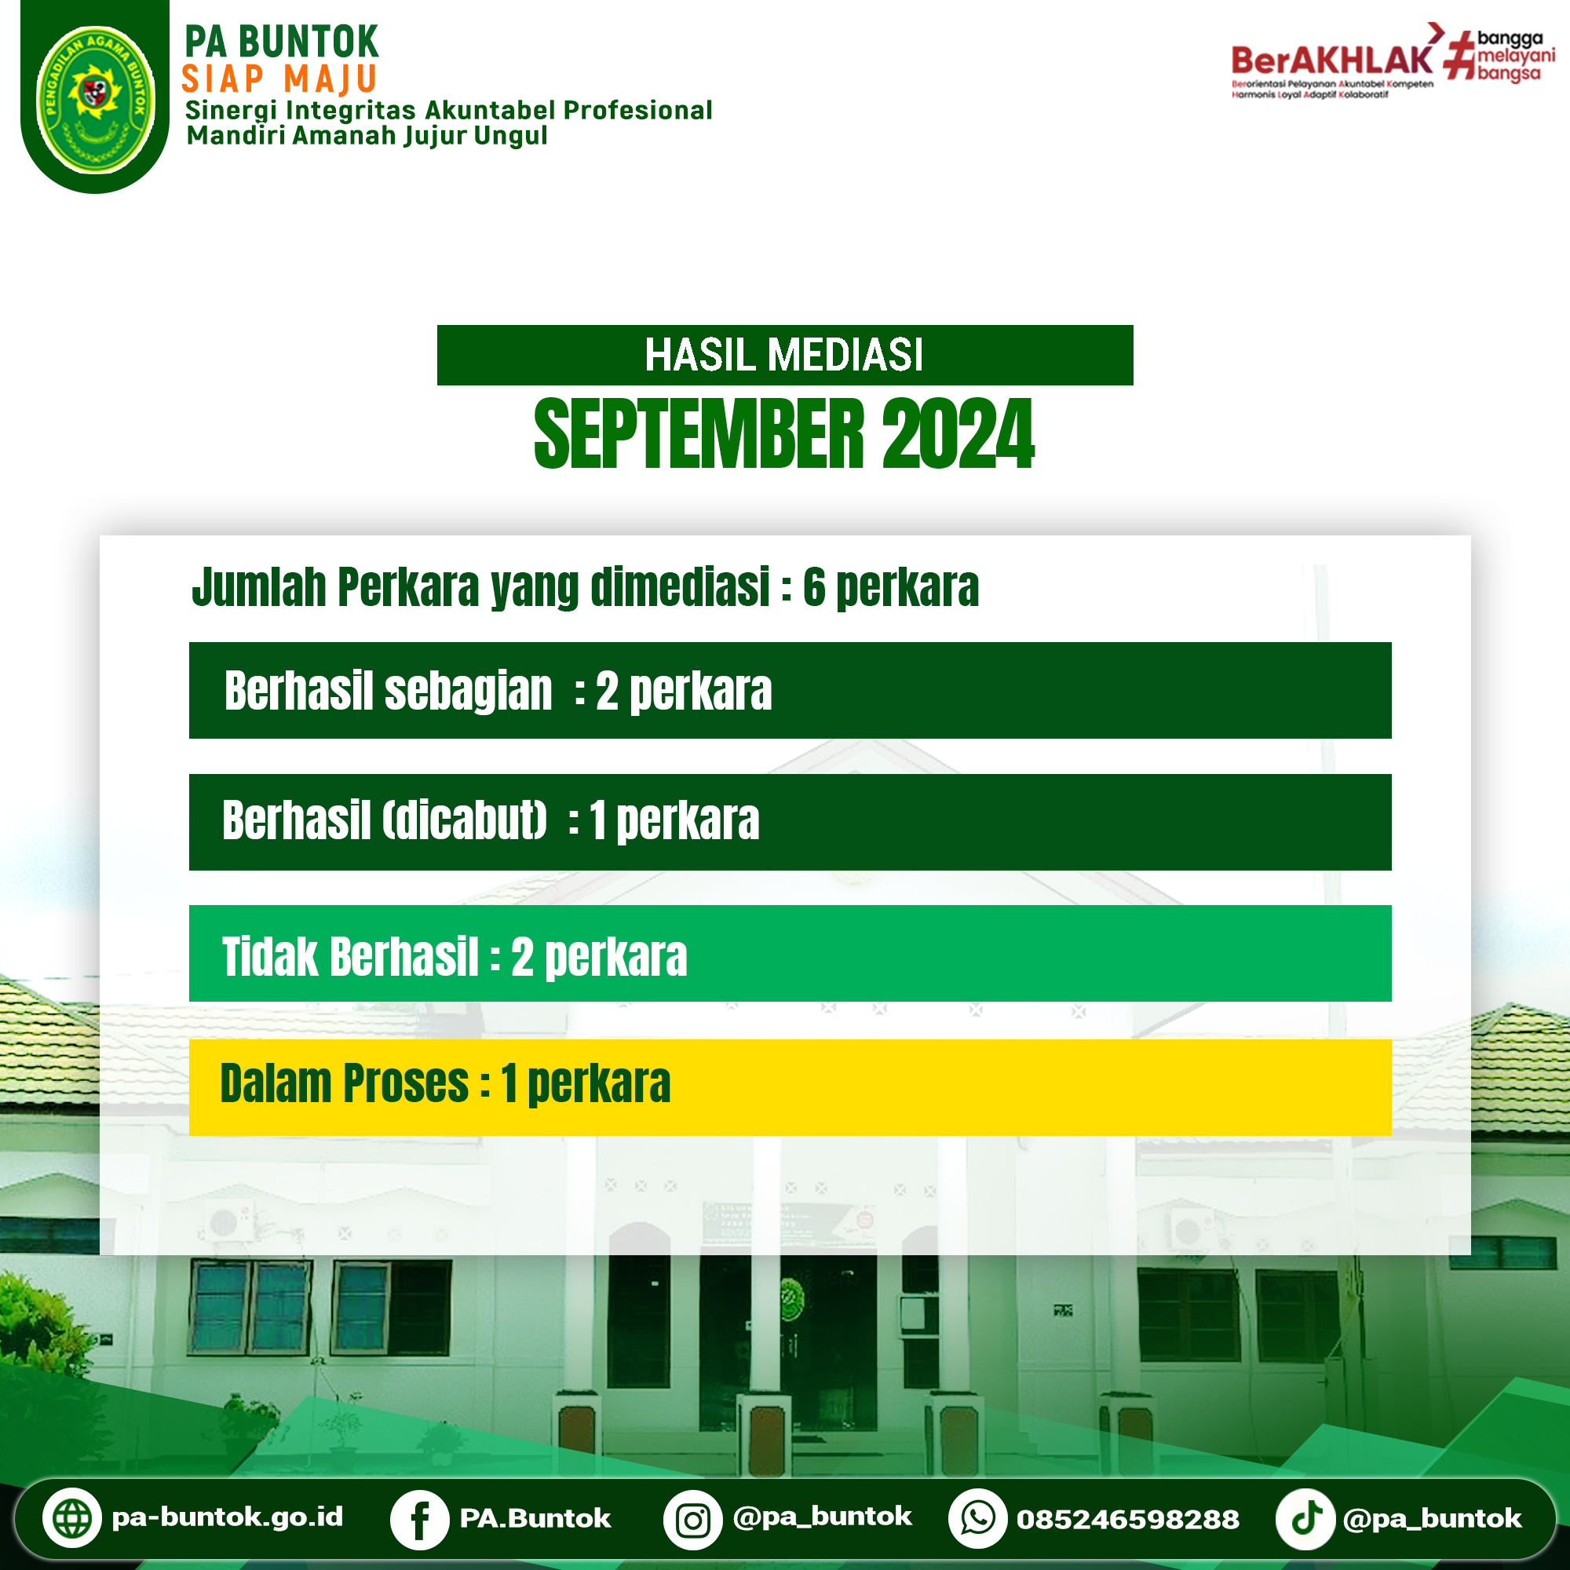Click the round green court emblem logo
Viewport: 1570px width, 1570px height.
[x=96, y=99]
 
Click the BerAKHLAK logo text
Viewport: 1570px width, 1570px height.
[x=1333, y=60]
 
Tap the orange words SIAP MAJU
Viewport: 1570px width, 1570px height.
[x=279, y=79]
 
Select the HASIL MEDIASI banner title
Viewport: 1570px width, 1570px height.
[x=784, y=355]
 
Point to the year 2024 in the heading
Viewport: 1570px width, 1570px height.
[x=958, y=435]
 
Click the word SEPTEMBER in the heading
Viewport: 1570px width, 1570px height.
[x=699, y=435]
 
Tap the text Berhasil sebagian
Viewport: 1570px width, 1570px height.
[x=388, y=691]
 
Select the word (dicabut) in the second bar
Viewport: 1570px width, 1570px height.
[x=465, y=820]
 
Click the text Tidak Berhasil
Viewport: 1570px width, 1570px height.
[x=350, y=956]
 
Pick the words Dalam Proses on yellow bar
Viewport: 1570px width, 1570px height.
[x=345, y=1083]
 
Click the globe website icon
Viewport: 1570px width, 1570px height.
[x=71, y=1518]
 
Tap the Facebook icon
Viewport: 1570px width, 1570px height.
[x=419, y=1520]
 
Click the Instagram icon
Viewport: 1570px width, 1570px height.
[x=692, y=1520]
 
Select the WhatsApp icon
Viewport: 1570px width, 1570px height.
[x=977, y=1518]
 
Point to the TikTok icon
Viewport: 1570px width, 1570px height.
[x=1305, y=1518]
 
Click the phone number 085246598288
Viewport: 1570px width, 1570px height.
[x=1128, y=1520]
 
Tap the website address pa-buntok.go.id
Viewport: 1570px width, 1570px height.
[x=228, y=1517]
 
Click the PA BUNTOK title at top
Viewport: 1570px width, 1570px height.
[x=281, y=42]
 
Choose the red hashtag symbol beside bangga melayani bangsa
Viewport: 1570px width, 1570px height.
[x=1459, y=55]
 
